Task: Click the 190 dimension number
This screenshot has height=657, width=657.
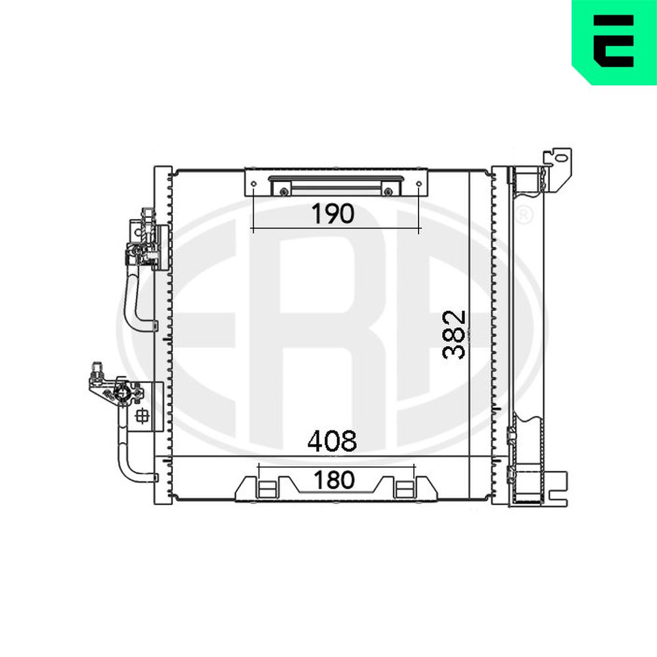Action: [x=332, y=214]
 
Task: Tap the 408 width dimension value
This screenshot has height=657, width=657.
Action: [x=332, y=441]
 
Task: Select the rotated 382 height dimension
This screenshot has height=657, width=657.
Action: [x=454, y=334]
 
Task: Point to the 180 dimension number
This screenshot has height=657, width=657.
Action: [x=334, y=480]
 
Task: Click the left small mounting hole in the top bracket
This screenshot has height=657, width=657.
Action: [x=254, y=184]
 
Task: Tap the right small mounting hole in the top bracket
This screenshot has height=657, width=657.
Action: [x=419, y=184]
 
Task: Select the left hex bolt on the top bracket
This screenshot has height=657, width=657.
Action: [x=284, y=191]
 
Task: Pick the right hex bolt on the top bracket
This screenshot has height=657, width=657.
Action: [x=388, y=191]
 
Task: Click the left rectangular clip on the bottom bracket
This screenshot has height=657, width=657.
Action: [x=267, y=489]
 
